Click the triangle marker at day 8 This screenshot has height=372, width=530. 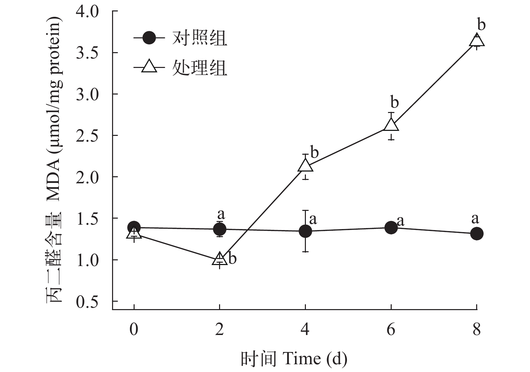(x=476, y=41)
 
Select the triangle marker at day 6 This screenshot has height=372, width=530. (x=391, y=125)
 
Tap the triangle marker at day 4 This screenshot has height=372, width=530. (x=305, y=165)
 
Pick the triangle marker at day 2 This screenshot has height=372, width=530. (x=219, y=259)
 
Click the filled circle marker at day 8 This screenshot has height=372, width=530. (x=476, y=233)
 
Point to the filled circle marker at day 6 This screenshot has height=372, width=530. (x=391, y=228)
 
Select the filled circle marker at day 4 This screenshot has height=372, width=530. (x=305, y=231)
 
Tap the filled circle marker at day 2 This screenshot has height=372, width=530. (x=219, y=229)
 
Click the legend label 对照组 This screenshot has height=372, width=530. (x=200, y=38)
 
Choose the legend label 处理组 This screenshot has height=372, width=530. (x=200, y=68)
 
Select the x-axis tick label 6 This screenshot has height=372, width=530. (x=391, y=330)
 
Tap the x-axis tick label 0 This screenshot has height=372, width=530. (x=134, y=330)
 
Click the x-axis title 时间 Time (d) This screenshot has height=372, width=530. (x=293, y=359)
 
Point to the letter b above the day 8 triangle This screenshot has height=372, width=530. (x=482, y=25)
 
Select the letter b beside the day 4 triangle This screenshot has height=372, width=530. (x=314, y=152)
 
